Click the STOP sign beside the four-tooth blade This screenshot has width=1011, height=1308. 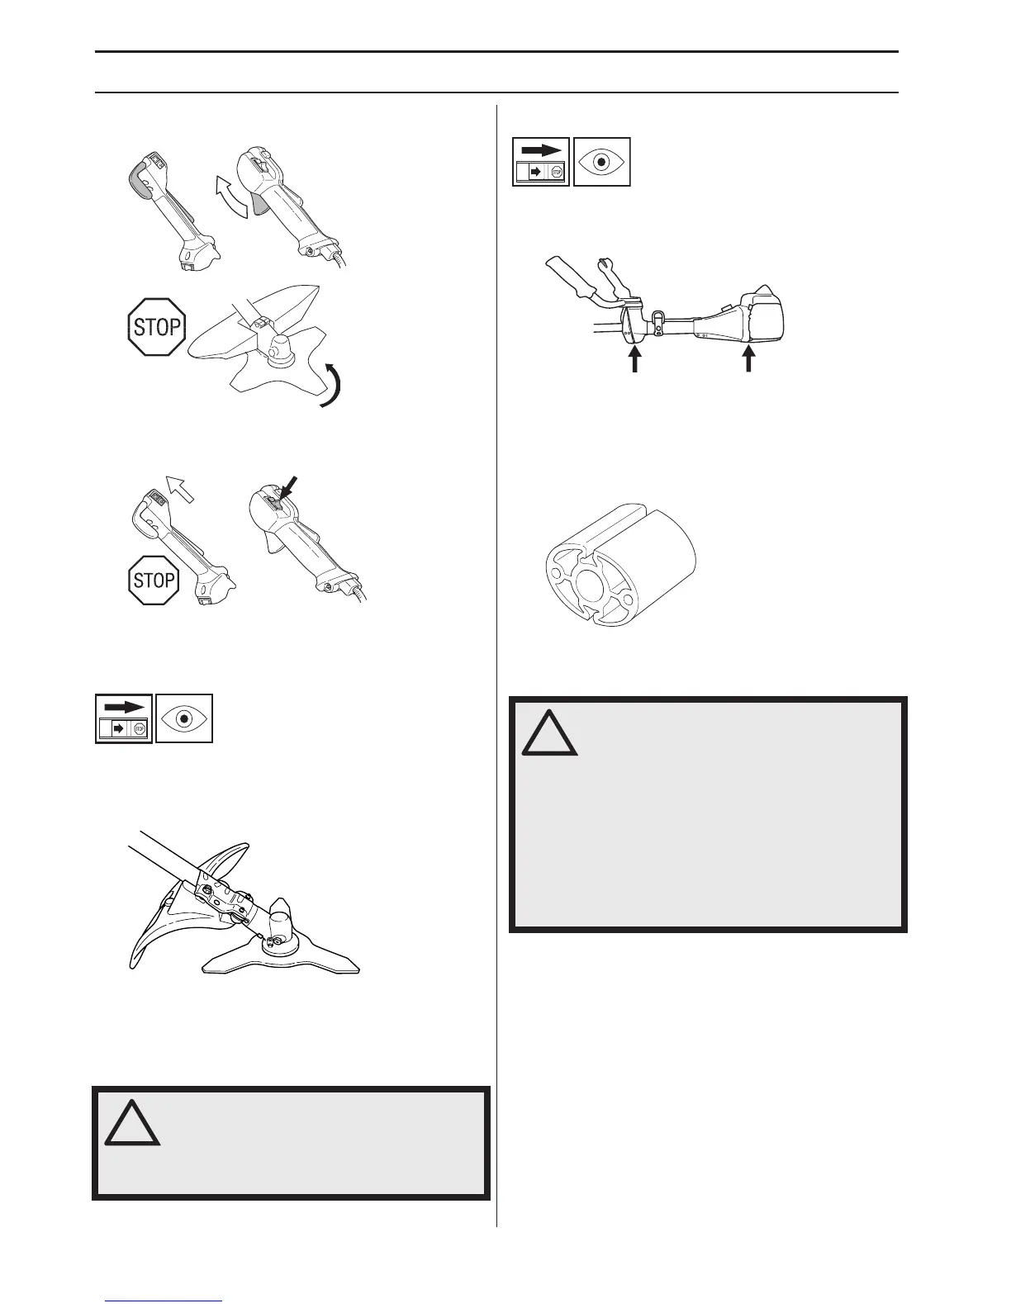point(156,327)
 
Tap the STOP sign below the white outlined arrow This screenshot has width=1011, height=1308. point(154,579)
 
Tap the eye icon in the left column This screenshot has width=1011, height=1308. point(184,718)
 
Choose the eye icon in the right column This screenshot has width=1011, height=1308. point(601,162)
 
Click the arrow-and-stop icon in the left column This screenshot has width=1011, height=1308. point(123,718)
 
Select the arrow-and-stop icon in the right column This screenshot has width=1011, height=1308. point(541,162)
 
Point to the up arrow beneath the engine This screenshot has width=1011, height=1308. point(749,360)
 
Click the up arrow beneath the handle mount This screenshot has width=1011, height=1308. point(634,360)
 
